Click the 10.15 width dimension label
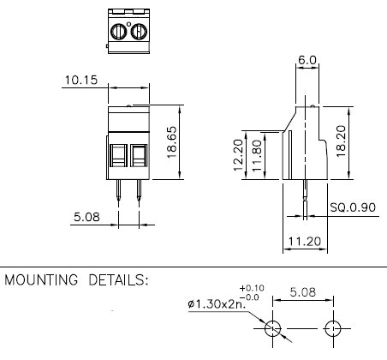click(81, 80)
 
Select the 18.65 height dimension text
click(172, 142)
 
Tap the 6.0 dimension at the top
click(307, 60)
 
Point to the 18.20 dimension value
click(342, 141)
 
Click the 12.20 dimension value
click(238, 155)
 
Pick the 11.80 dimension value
click(257, 155)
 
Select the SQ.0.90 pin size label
click(353, 207)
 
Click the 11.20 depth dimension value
click(305, 242)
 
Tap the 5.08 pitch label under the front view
click(86, 217)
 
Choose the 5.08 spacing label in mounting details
click(303, 292)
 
